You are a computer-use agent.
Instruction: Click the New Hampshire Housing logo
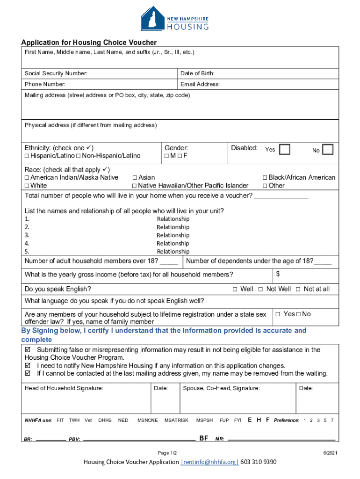pos(174,19)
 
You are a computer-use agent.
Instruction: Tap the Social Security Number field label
pos(56,73)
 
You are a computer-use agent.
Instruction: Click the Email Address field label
pos(200,85)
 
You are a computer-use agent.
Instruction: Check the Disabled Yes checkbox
pos(284,150)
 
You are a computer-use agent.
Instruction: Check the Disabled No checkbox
pos(328,150)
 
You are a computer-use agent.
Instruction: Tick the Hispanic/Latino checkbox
pos(27,156)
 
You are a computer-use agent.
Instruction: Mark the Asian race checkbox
pos(135,178)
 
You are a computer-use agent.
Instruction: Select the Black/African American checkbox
pos(265,178)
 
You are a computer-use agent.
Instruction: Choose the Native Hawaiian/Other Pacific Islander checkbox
pos(135,186)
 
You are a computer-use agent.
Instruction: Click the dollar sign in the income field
pos(278,273)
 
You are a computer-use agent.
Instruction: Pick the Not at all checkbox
pos(298,289)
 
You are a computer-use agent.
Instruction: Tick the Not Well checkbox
pos(261,289)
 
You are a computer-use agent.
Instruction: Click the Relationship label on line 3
pos(173,235)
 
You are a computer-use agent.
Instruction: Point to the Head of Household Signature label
pos(64,388)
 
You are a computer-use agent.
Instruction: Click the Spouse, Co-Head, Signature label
pos(221,388)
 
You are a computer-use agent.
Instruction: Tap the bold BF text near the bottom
pos(204,438)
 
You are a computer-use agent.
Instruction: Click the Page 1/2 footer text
pos(167,453)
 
